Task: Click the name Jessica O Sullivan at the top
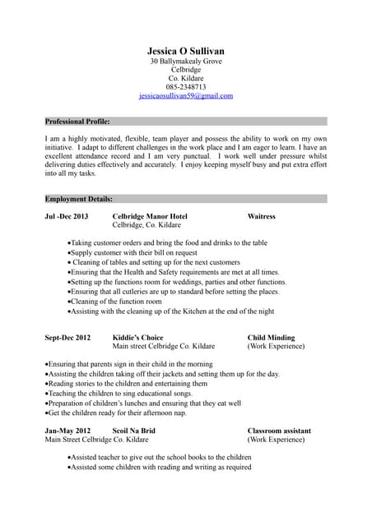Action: (x=185, y=50)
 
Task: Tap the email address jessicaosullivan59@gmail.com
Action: (x=186, y=95)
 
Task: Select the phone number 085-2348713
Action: (x=186, y=86)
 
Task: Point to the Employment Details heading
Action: (x=79, y=199)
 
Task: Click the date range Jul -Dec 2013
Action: (x=66, y=216)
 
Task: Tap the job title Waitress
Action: (x=261, y=216)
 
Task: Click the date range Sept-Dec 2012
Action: (x=68, y=337)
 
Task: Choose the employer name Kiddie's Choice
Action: (x=137, y=337)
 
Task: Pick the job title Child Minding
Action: (x=271, y=337)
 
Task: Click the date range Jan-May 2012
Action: (x=68, y=430)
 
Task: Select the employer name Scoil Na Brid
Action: (x=133, y=430)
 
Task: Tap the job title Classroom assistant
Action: (x=279, y=430)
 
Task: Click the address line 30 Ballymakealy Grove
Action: (x=186, y=62)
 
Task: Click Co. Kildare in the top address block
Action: (x=186, y=78)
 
